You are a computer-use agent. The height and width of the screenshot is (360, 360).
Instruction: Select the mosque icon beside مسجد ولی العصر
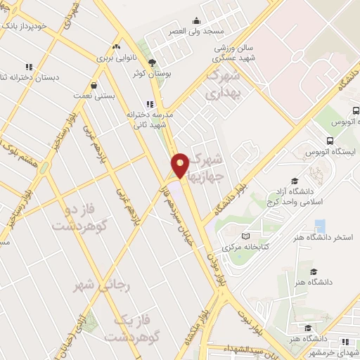point(196,21)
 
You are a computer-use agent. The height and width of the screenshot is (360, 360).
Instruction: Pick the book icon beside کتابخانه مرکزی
point(245,236)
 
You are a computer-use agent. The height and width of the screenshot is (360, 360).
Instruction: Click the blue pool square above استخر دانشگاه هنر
point(320,226)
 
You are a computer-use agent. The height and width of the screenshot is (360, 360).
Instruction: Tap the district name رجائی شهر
point(103,285)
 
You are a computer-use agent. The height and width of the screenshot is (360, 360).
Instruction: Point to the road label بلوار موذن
point(214,268)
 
